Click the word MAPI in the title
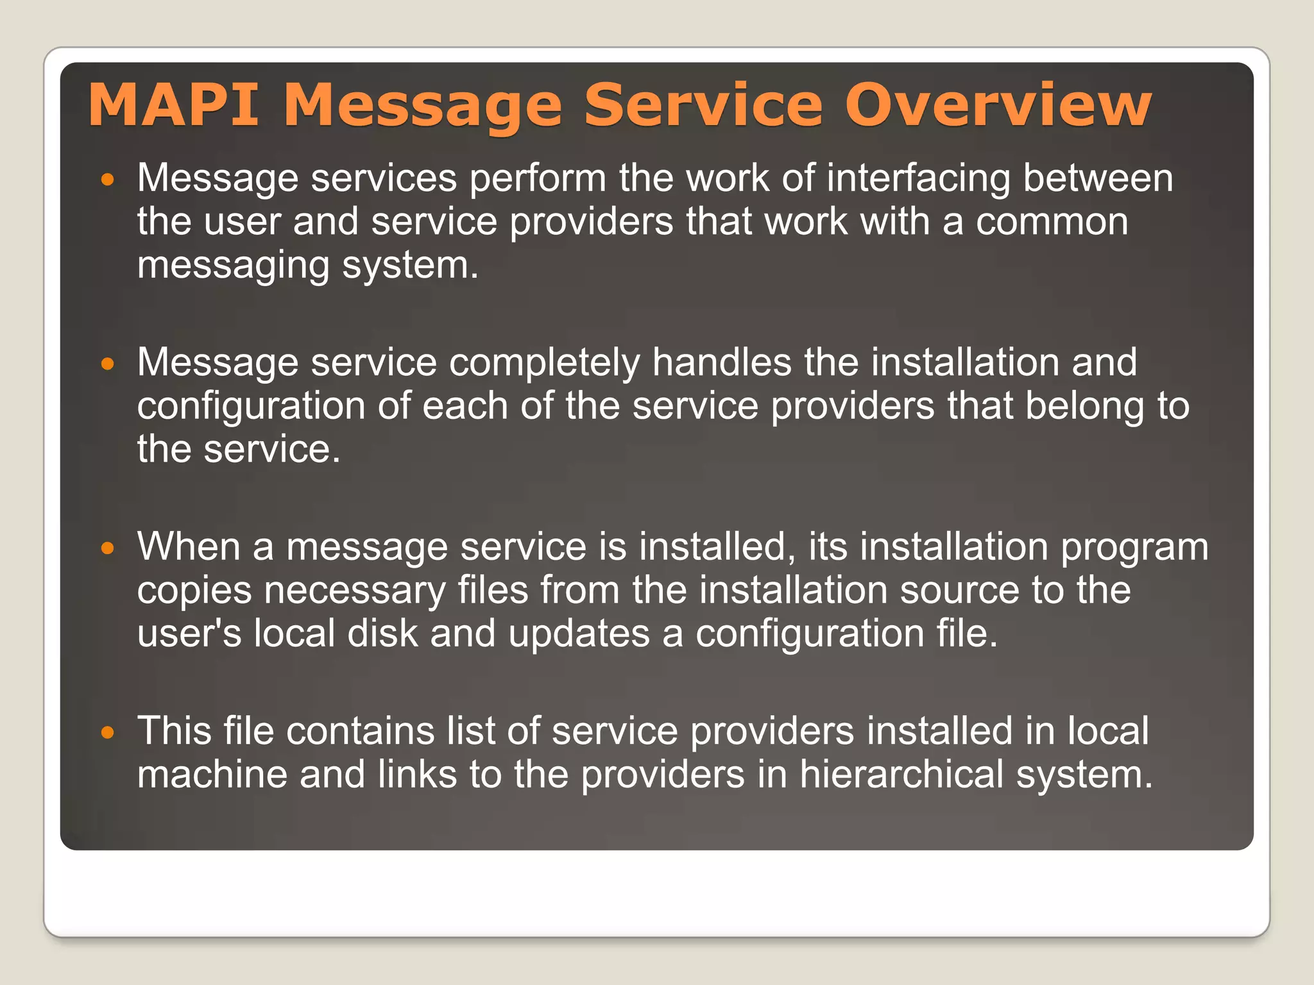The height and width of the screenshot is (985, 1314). pos(174,105)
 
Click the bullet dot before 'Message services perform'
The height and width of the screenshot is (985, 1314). pos(108,180)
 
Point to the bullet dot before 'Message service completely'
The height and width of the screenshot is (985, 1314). pos(108,365)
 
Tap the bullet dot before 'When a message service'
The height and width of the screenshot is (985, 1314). pos(108,549)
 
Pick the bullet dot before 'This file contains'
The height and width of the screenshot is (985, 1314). pos(108,733)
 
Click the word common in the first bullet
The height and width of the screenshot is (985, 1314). pos(1052,222)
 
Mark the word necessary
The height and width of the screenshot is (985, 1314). pos(355,591)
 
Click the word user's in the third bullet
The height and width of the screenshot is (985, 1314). pos(189,634)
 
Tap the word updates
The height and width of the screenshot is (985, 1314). pos(579,634)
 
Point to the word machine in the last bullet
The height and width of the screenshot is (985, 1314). pos(212,775)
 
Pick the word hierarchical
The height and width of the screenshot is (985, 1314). pos(901,775)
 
